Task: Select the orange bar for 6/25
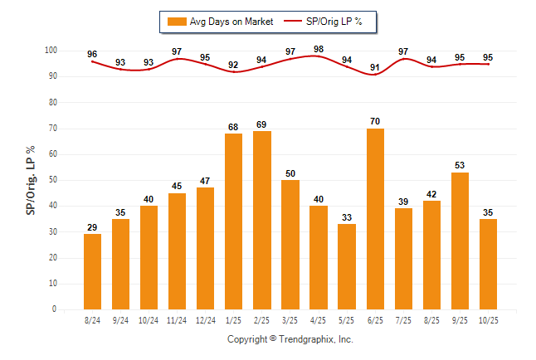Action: (375, 219)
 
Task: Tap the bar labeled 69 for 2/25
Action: (262, 220)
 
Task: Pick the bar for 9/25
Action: (460, 241)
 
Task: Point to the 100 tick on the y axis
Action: (51, 51)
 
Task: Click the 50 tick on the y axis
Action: (53, 180)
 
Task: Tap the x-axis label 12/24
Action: (205, 320)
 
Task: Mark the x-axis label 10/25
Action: (488, 320)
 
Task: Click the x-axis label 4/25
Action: (319, 320)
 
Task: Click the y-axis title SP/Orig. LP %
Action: (31, 180)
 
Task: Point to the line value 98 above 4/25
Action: (319, 49)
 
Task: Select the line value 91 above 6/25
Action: (375, 67)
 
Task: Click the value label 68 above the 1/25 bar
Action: (234, 127)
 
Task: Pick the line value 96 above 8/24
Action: (92, 55)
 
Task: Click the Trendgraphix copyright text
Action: (290, 339)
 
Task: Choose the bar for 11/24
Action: (177, 251)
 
